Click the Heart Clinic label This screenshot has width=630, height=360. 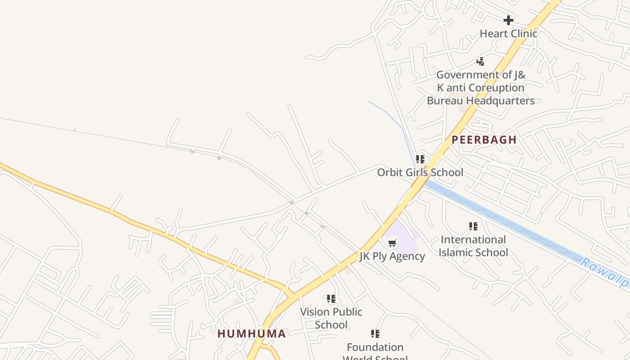[508, 34]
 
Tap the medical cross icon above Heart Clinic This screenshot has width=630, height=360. [508, 20]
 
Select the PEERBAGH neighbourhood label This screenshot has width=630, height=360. [484, 140]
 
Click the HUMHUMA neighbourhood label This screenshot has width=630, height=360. [252, 334]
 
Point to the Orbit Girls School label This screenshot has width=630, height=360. [420, 172]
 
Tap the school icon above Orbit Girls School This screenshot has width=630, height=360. [420, 159]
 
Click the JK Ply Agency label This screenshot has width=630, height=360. [392, 256]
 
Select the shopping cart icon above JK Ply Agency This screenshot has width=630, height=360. [392, 243]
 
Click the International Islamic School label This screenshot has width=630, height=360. [473, 246]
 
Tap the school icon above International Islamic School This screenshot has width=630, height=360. [473, 226]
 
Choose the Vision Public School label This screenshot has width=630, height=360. [331, 318]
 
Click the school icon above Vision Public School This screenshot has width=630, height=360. [331, 299]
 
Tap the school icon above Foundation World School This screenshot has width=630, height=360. [375, 334]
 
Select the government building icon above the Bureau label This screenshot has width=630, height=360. [480, 62]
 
